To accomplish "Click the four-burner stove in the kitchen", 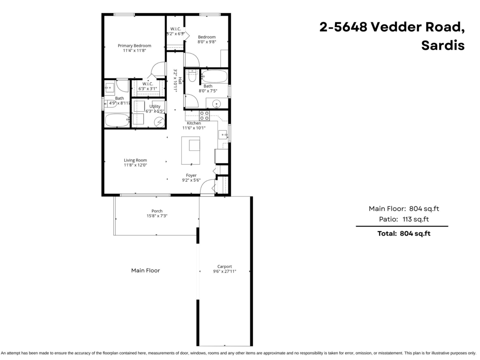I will point(204,116).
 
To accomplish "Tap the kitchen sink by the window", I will point(222,134).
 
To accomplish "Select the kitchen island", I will point(191,150).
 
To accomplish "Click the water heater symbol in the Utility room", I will point(160,122).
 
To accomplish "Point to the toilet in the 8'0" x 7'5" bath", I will point(192,76).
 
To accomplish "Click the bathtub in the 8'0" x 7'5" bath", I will point(214,76).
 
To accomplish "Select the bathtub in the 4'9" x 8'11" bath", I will point(117,120).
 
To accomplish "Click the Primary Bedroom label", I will point(134,46).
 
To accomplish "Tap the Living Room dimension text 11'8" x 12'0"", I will point(135,165).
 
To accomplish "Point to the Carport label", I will point(224,266).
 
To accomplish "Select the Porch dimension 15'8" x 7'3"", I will point(157,216).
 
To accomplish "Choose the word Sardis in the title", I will point(443,45).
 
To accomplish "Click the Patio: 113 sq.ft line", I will point(404,219).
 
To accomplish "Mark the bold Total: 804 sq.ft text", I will point(404,234).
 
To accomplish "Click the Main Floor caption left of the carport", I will point(146,270).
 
